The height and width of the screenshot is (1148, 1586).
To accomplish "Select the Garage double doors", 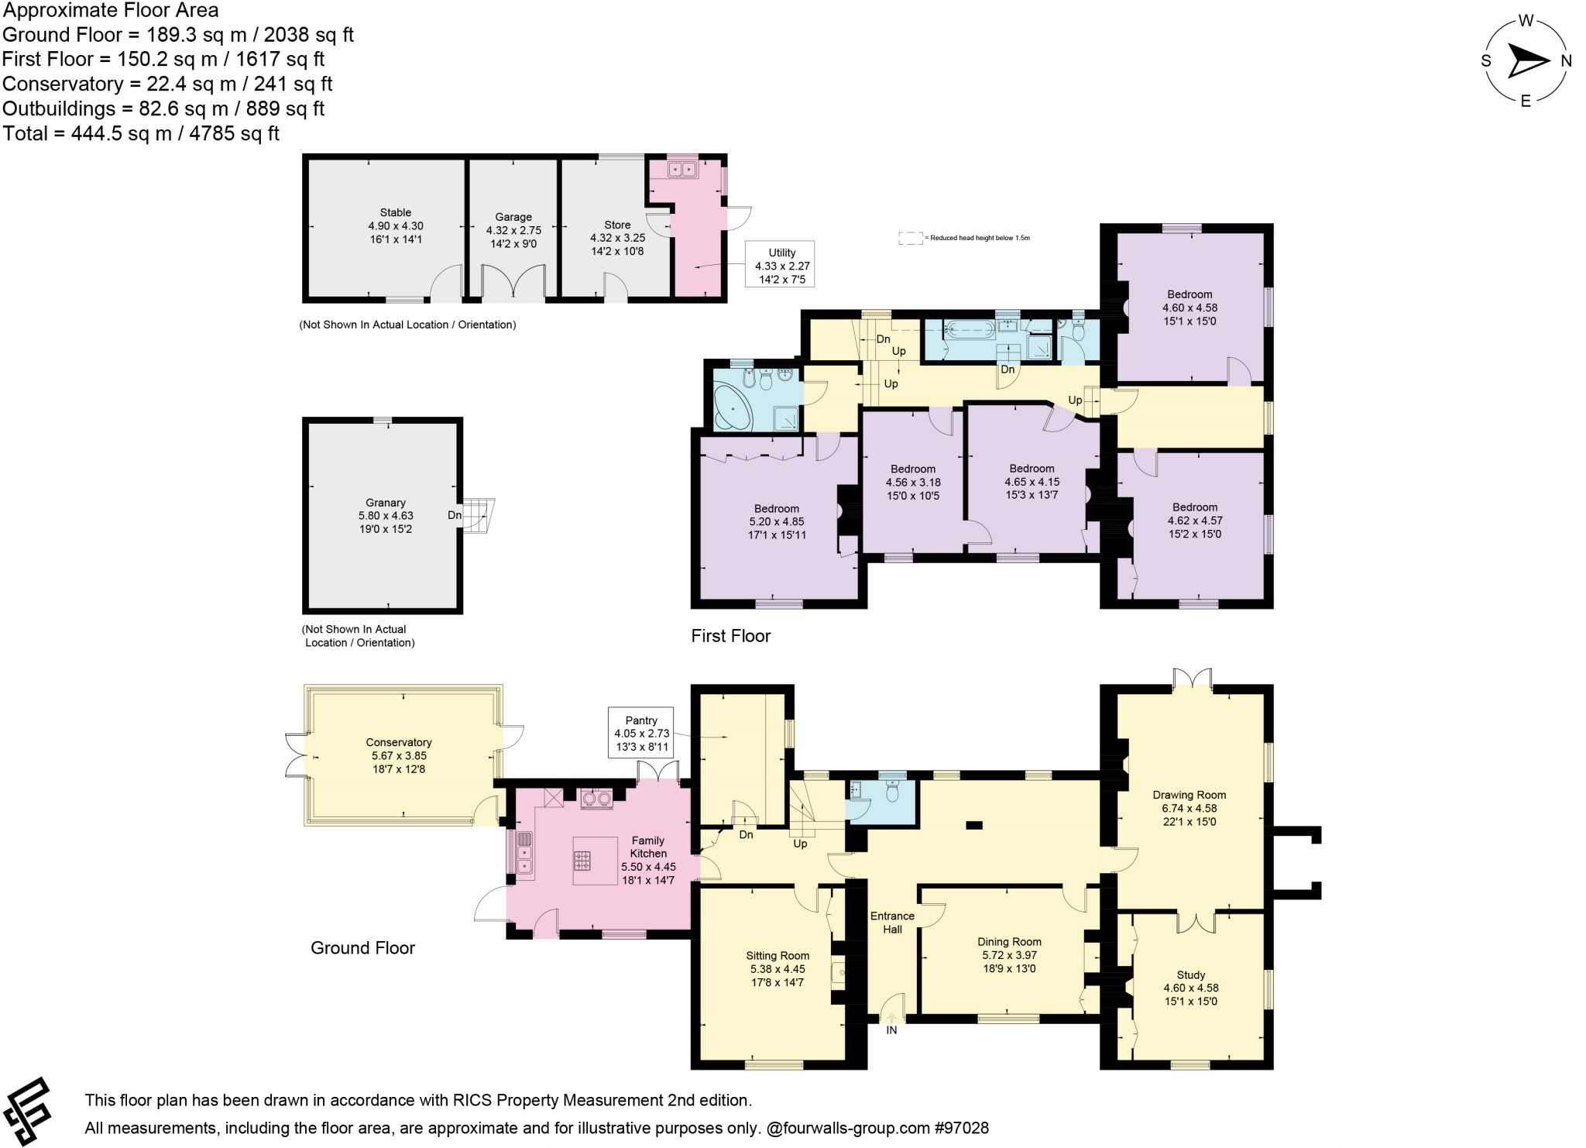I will click(x=513, y=283).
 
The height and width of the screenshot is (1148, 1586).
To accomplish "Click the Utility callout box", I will click(x=781, y=266).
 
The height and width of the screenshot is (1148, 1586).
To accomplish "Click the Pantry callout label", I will click(x=641, y=733).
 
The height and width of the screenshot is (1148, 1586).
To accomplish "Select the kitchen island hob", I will click(x=582, y=861).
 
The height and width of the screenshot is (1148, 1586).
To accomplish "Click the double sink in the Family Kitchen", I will click(x=524, y=852).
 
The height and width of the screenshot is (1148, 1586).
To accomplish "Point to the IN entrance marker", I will click(x=891, y=1029).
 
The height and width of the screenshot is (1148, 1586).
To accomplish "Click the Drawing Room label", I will click(x=1189, y=795).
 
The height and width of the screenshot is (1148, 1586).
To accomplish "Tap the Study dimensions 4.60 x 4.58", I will click(x=1190, y=988).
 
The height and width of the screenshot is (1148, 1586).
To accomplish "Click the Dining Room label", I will click(x=1009, y=942).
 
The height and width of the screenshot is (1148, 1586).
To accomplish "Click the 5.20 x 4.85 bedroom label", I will click(x=777, y=521).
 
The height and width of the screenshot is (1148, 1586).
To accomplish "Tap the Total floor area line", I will click(x=141, y=133).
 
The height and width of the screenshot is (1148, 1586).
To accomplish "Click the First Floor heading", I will click(x=730, y=636).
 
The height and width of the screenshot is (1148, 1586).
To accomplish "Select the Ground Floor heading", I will click(x=362, y=948).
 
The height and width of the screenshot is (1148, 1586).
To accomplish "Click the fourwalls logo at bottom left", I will click(x=29, y=1111).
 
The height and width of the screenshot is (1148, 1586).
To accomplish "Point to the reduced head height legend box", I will click(x=910, y=238).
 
